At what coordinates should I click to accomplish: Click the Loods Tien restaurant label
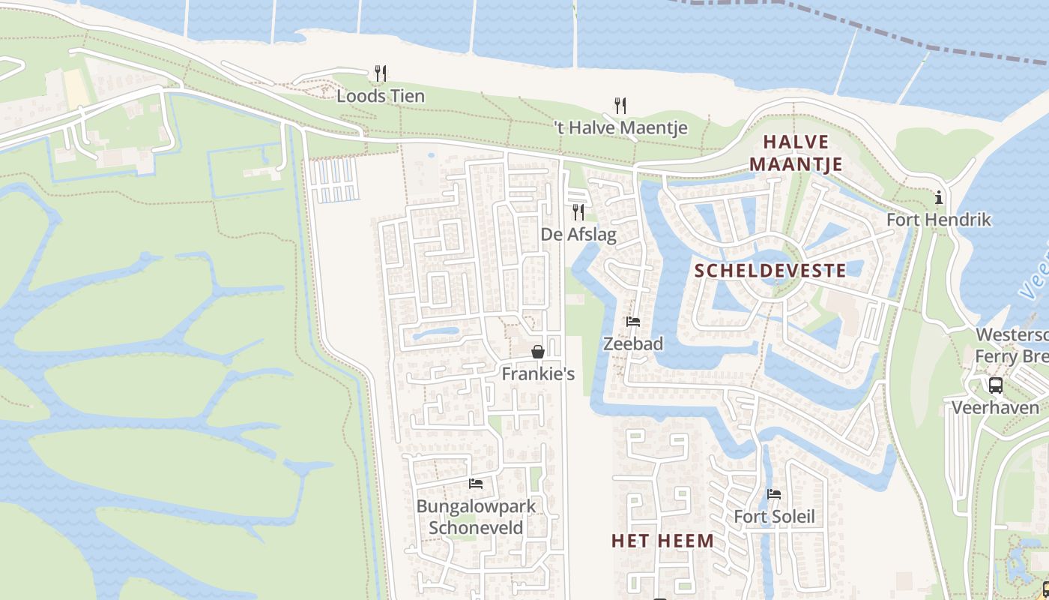[x=381, y=96]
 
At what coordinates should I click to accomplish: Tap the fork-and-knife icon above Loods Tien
[x=381, y=73]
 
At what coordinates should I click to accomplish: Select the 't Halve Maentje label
[x=620, y=128]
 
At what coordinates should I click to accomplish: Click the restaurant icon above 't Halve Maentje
[x=620, y=105]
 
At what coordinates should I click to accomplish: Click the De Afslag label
[x=578, y=235]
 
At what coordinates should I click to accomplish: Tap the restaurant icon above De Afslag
[x=578, y=211]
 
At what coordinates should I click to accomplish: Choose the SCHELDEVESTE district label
[x=771, y=271]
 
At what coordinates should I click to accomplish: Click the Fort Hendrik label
[x=938, y=220]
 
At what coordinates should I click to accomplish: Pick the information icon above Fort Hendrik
[x=938, y=197]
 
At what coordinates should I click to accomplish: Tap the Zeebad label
[x=633, y=344]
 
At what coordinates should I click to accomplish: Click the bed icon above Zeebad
[x=633, y=322]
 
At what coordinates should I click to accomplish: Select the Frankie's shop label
[x=538, y=373]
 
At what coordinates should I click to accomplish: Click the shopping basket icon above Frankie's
[x=538, y=351]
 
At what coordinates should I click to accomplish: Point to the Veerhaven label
[x=995, y=407]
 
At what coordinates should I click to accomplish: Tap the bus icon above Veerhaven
[x=995, y=385]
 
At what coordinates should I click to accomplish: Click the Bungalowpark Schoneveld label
[x=476, y=516]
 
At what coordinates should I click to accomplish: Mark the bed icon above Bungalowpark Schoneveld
[x=475, y=483]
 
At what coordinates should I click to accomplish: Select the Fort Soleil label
[x=774, y=517]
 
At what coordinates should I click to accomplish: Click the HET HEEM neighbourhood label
[x=662, y=541]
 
